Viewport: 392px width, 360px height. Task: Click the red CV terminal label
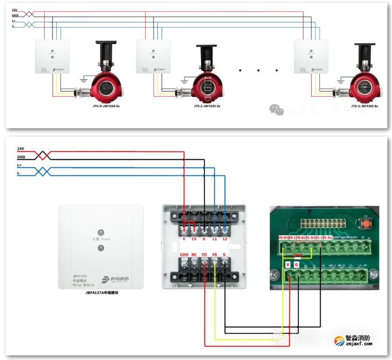pyautogui.click(x=194, y=239)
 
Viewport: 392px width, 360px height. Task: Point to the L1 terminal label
pyautogui.click(x=214, y=239)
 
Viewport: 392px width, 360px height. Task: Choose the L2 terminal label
pyautogui.click(x=225, y=239)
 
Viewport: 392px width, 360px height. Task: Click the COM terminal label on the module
pyautogui.click(x=184, y=254)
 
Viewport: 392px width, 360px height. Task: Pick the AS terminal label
pyautogui.click(x=214, y=254)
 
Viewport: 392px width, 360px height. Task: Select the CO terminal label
pyautogui.click(x=204, y=254)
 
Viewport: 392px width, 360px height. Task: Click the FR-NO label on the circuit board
pyautogui.click(x=283, y=238)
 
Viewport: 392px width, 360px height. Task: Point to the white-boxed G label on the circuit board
pyautogui.click(x=297, y=264)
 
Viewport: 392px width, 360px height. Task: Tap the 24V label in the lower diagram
pyautogui.click(x=20, y=149)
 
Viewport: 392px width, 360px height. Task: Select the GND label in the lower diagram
pyautogui.click(x=21, y=157)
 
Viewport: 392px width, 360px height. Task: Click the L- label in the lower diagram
pyautogui.click(x=19, y=173)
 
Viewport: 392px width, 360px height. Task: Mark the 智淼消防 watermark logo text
pyautogui.click(x=358, y=338)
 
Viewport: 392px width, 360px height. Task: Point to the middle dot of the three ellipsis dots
pyautogui.click(x=258, y=71)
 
